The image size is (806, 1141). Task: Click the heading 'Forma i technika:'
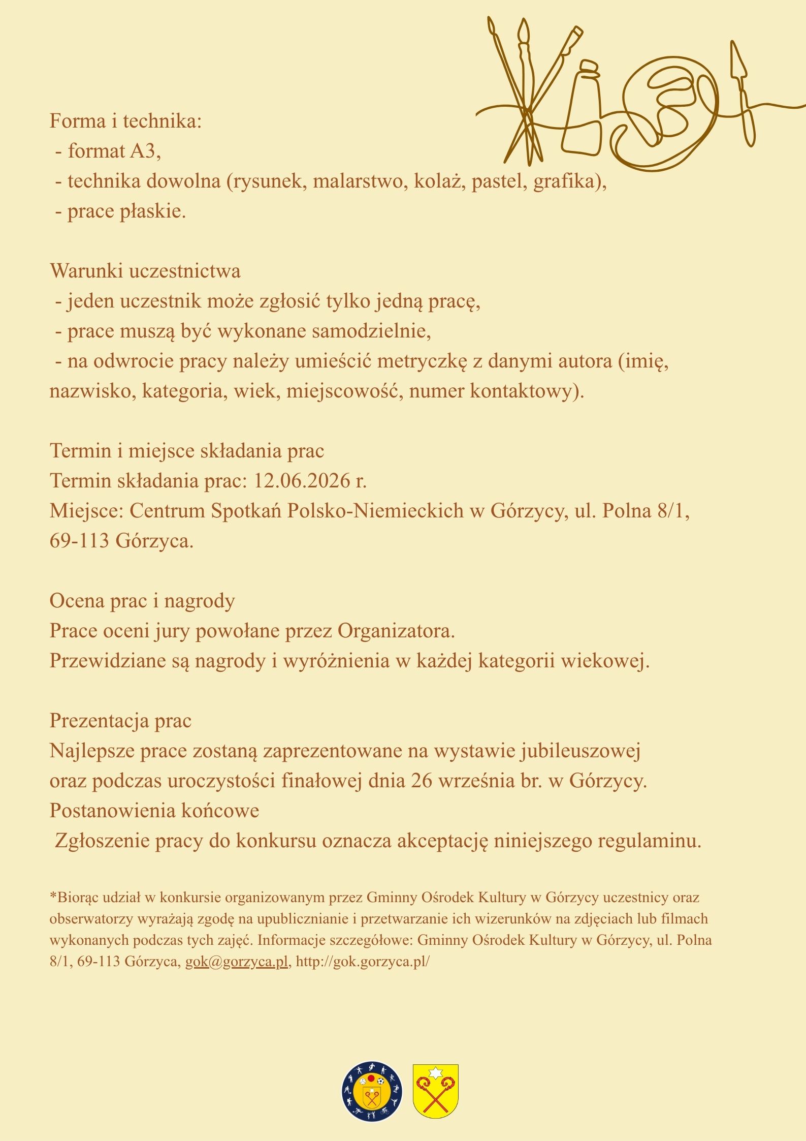point(125,122)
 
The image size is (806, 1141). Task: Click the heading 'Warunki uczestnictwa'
point(145,271)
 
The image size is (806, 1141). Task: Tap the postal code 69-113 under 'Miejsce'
point(79,541)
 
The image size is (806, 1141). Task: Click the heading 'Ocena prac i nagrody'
point(142,601)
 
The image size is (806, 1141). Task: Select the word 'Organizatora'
point(394,631)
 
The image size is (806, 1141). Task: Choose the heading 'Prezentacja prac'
point(120,721)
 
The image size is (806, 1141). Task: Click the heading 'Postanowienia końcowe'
point(154,811)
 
